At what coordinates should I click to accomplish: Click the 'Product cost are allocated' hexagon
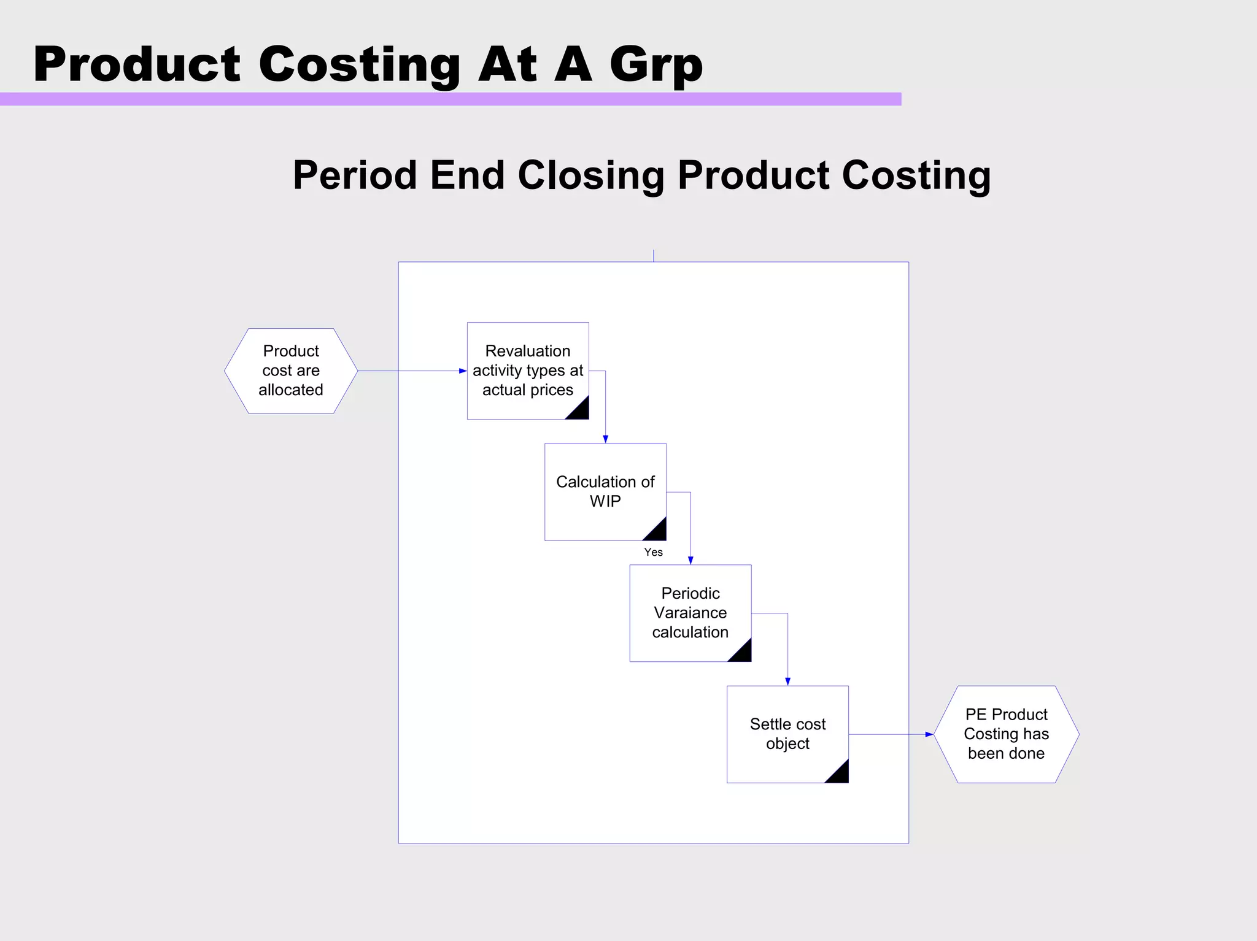pyautogui.click(x=291, y=371)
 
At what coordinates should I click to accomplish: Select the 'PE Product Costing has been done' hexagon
pyautogui.click(x=1006, y=734)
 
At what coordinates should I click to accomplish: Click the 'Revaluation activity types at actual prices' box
pyautogui.click(x=528, y=371)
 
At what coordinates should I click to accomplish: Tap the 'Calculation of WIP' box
pyautogui.click(x=605, y=491)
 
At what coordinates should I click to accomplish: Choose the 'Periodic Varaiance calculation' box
pyautogui.click(x=690, y=613)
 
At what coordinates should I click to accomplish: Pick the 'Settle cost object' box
pyautogui.click(x=787, y=734)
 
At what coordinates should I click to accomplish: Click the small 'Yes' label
pyautogui.click(x=653, y=552)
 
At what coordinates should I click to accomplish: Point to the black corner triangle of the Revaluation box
pyautogui.click(x=580, y=410)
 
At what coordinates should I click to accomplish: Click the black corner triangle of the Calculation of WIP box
pyautogui.click(x=657, y=532)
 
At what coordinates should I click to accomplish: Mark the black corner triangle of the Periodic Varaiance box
pyautogui.click(x=743, y=653)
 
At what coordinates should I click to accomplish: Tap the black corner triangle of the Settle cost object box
pyautogui.click(x=840, y=774)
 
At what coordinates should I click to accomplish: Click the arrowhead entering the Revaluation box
pyautogui.click(x=463, y=371)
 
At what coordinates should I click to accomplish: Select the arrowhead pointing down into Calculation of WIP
pyautogui.click(x=605, y=439)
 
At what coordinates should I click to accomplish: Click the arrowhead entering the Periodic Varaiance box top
pyautogui.click(x=690, y=560)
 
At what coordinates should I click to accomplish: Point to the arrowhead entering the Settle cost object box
pyautogui.click(x=787, y=682)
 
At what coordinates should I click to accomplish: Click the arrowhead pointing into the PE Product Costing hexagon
pyautogui.click(x=929, y=734)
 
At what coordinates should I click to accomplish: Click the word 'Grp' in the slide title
pyautogui.click(x=656, y=65)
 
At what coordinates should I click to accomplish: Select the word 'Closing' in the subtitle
pyautogui.click(x=591, y=175)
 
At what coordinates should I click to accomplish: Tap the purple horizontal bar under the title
pyautogui.click(x=451, y=99)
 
